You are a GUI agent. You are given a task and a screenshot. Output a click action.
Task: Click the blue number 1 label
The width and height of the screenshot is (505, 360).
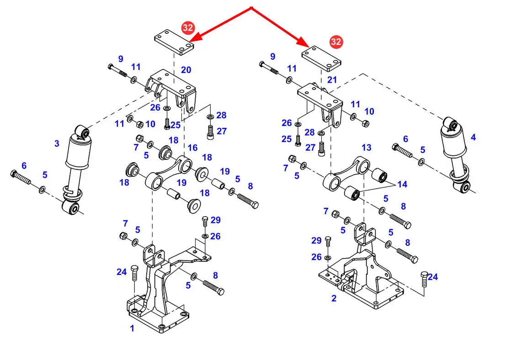(132, 328)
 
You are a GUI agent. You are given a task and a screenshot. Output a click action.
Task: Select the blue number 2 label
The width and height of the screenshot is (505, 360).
(334, 298)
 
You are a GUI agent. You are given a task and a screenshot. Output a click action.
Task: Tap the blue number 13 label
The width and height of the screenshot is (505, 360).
(367, 148)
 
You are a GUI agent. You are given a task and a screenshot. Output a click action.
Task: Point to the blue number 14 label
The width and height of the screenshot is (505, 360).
(402, 185)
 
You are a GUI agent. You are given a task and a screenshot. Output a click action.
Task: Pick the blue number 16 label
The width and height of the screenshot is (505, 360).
(192, 148)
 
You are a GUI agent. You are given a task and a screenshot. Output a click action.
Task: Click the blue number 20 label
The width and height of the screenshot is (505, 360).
(186, 70)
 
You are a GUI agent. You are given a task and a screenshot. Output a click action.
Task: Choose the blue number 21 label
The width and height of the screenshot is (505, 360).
(332, 80)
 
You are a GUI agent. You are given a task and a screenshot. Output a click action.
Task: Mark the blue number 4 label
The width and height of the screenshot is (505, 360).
(473, 138)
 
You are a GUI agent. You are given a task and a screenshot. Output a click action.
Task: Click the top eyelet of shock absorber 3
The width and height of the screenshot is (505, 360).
(82, 132)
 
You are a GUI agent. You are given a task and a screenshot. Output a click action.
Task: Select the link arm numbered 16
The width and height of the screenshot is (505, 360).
(169, 173)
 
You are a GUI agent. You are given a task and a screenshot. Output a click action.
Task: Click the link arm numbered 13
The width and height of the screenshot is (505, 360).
(346, 174)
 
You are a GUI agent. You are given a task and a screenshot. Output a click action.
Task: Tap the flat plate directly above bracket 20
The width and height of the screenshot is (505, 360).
(174, 42)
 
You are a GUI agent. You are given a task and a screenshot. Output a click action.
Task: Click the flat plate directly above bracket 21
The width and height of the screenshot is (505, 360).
(321, 58)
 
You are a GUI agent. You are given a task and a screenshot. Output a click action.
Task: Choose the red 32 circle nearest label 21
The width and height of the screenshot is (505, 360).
(336, 42)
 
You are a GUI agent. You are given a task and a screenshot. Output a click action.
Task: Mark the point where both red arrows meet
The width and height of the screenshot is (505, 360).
(251, 8)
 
